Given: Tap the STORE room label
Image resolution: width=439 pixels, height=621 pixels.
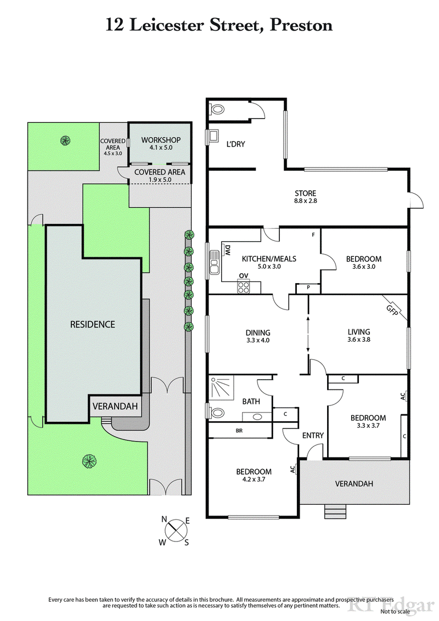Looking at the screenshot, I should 306,193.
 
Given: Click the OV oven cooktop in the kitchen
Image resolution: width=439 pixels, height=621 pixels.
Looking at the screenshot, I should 243,285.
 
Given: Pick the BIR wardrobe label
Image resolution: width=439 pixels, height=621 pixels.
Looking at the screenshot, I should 239,431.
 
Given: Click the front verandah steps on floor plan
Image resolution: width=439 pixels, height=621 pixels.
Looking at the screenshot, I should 335,511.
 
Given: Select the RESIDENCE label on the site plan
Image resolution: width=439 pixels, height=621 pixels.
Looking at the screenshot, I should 93,324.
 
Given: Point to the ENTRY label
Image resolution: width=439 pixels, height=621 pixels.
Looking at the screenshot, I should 313,435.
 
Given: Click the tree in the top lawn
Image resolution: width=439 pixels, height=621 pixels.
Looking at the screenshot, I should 65,140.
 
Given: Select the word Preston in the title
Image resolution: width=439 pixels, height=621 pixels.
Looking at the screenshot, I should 301,25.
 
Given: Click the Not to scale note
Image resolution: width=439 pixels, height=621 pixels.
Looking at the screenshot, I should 395,611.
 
